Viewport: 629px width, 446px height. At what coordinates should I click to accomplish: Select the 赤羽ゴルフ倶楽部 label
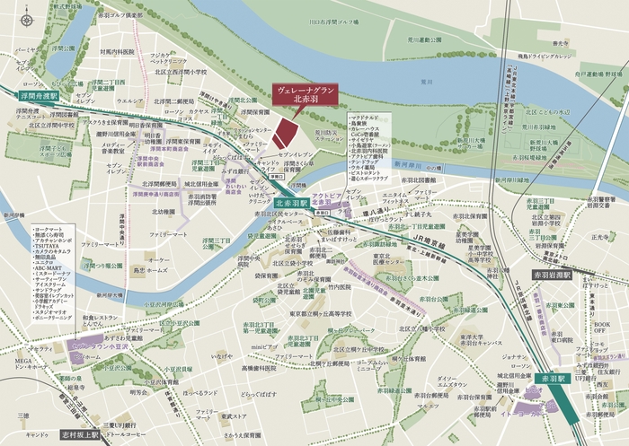[121, 16]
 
